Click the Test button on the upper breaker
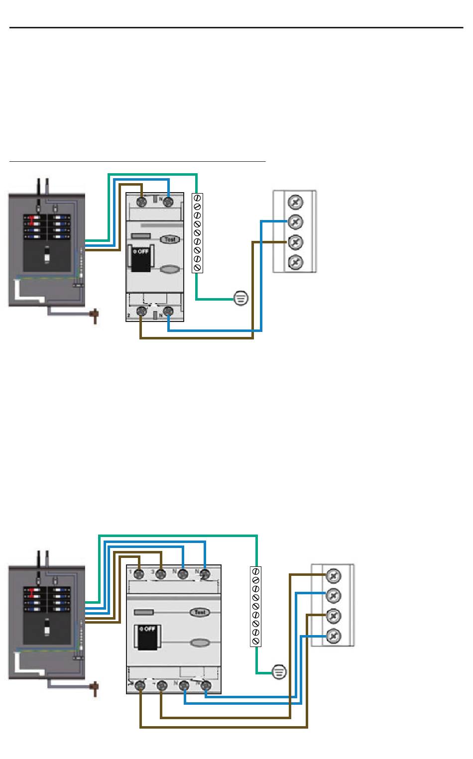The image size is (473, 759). click(x=170, y=239)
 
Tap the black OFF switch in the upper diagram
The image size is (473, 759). click(x=141, y=258)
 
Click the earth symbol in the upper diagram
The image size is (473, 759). click(x=240, y=299)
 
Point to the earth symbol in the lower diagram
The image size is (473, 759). click(x=279, y=672)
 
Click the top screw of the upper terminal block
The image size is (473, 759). click(x=295, y=202)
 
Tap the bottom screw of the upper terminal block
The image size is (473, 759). click(x=295, y=261)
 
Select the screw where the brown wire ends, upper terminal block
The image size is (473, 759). click(x=295, y=242)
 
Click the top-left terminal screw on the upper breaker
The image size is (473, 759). click(x=141, y=202)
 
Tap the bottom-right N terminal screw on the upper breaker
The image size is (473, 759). click(x=168, y=312)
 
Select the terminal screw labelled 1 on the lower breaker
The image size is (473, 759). click(x=140, y=574)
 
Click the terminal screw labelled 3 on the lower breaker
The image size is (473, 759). click(x=161, y=574)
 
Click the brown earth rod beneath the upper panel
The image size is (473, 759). click(x=94, y=316)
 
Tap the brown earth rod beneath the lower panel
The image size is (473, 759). click(x=94, y=689)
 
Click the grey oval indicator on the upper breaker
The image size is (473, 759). click(x=170, y=270)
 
